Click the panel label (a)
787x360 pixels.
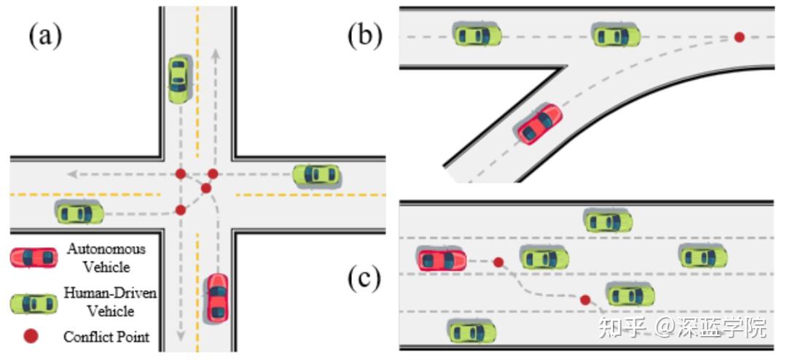pyautogui.click(x=44, y=35)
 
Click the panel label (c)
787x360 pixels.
pyautogui.click(x=364, y=280)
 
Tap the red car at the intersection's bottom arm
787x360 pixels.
pyautogui.click(x=217, y=298)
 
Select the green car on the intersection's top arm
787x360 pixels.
pyautogui.click(x=179, y=78)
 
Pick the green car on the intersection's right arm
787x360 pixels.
pyautogui.click(x=316, y=175)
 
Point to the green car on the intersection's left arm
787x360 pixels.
pyautogui.click(x=79, y=213)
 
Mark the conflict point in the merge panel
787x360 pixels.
pyautogui.click(x=739, y=36)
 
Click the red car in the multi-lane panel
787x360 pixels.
pyautogui.click(x=442, y=259)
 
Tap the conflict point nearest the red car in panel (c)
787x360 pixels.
pyautogui.click(x=498, y=262)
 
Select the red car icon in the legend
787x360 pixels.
pyautogui.click(x=34, y=257)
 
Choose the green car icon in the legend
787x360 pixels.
pyautogui.click(x=34, y=303)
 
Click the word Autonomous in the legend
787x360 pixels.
pyautogui.click(x=106, y=249)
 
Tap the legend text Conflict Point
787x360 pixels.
pyautogui.click(x=106, y=337)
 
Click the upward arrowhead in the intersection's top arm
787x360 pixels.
pyautogui.click(x=215, y=53)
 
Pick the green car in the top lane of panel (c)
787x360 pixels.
pyautogui.click(x=608, y=220)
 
